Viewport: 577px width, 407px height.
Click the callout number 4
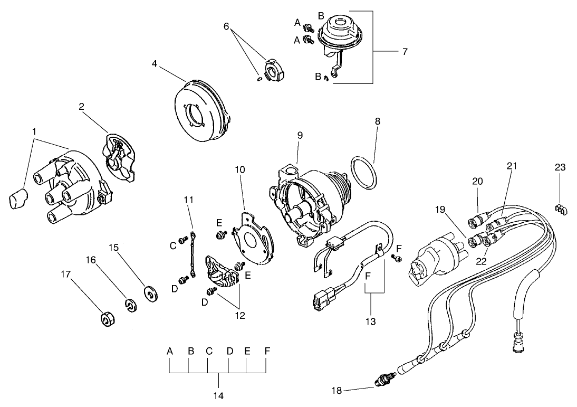[x=155, y=63]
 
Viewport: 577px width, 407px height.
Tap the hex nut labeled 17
[x=108, y=320]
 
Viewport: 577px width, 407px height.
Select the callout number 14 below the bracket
[x=218, y=395]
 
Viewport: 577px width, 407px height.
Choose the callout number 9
[x=300, y=135]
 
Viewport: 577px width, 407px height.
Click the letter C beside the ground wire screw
[x=172, y=245]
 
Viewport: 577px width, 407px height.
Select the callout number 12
[x=240, y=316]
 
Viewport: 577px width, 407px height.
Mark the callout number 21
[x=511, y=166]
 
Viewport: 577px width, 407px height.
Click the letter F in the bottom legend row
[x=266, y=351]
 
